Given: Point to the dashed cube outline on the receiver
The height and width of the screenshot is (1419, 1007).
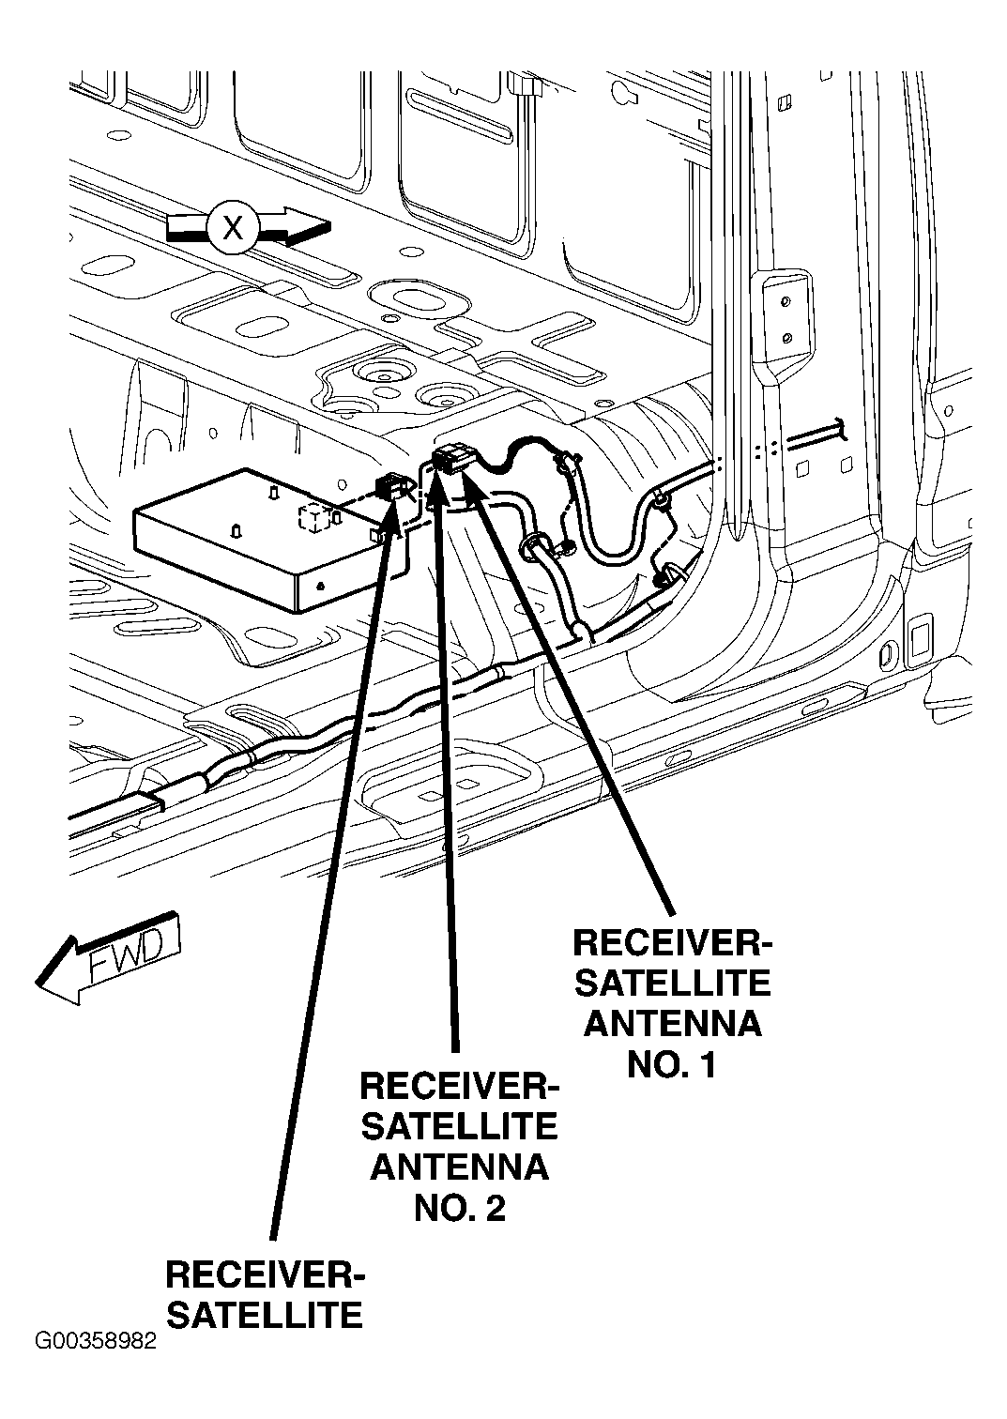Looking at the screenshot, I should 316,518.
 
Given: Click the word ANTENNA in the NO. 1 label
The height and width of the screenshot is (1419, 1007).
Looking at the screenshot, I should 672,1023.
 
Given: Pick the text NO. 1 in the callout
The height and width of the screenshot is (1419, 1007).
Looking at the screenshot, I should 672,1065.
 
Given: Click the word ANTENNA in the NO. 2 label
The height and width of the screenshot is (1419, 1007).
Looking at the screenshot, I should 459,1167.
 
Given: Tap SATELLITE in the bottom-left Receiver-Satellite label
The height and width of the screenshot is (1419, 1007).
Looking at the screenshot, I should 265,1315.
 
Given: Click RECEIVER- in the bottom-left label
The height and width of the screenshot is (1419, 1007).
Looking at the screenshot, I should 265,1275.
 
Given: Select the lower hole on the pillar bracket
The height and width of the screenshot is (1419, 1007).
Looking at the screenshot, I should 787,336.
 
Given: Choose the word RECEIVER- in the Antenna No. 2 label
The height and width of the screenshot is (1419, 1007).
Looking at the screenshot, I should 459,1086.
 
